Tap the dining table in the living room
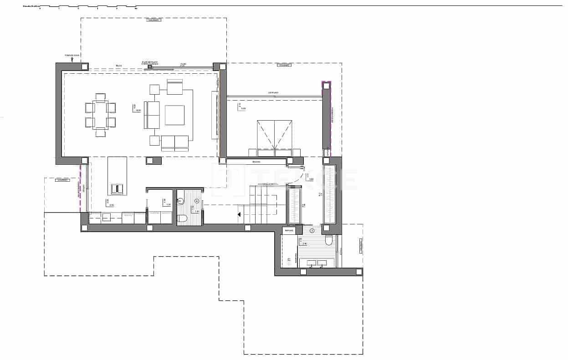click(x=100, y=115)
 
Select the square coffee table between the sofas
click(x=174, y=115)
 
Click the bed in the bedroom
click(x=274, y=135)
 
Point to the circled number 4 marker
click(x=197, y=201)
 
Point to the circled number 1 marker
click(x=312, y=231)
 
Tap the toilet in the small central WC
click(x=182, y=218)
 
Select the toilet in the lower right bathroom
click(x=329, y=240)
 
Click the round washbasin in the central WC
click(x=181, y=200)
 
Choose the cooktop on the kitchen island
click(x=117, y=188)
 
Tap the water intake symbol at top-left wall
click(x=72, y=58)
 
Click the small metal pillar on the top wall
click(x=149, y=67)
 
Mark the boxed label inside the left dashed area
click(x=62, y=180)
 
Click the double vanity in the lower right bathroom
click(x=317, y=263)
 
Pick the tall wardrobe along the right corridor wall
click(x=329, y=194)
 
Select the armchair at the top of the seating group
click(x=174, y=86)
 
